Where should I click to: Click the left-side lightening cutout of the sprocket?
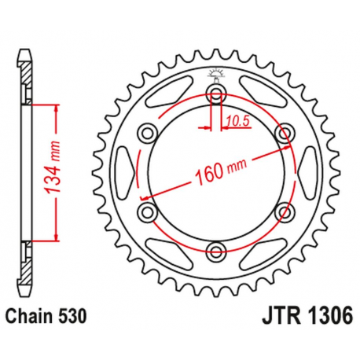123,173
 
